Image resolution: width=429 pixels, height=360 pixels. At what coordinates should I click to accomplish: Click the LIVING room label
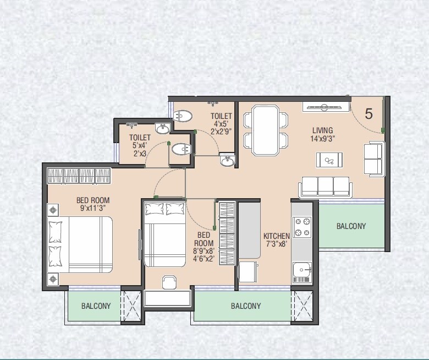coord(322,130)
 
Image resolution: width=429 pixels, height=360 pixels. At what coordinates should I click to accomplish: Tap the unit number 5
coord(369,114)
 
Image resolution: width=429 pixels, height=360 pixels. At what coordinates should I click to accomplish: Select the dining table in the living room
coord(266,129)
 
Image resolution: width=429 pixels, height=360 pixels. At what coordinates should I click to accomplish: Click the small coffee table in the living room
coord(329,160)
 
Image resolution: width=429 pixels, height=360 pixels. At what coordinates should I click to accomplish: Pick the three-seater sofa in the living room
coord(325,187)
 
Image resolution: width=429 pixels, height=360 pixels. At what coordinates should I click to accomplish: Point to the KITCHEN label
coord(276,236)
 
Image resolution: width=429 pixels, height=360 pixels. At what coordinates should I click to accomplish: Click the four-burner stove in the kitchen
coord(302,227)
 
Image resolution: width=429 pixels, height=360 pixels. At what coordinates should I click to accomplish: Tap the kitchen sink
coord(301,271)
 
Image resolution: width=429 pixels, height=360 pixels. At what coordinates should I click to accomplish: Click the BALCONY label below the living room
coord(351,226)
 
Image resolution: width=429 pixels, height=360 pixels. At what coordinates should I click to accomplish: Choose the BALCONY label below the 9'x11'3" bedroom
coord(96,306)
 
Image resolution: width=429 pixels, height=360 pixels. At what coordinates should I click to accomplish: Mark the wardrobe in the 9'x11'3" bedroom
coord(79,176)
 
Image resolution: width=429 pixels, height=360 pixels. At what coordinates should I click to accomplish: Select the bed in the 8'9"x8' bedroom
coord(164,234)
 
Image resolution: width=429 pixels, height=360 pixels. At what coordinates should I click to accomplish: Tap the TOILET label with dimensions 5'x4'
coord(140,138)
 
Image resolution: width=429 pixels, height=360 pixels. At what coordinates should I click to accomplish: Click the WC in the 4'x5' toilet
coord(183,116)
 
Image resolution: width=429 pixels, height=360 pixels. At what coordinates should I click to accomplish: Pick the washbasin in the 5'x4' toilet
coord(162,129)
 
